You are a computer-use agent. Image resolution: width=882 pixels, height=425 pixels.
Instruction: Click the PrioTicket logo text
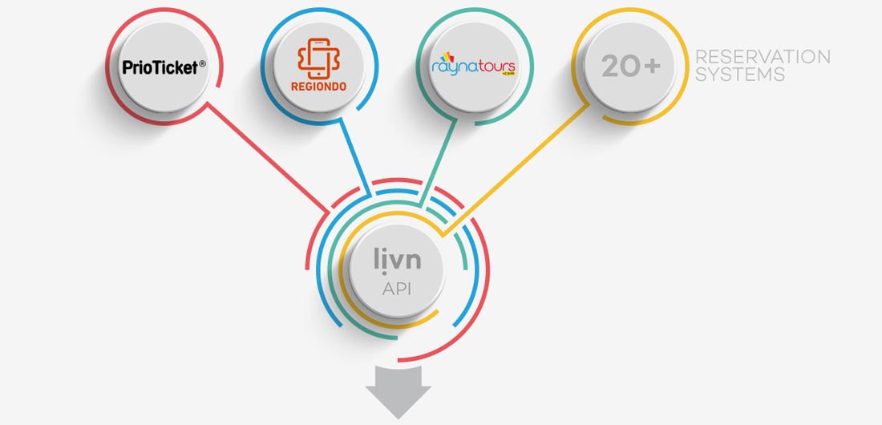coord(160,68)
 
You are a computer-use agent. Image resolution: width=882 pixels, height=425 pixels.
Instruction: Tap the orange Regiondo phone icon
coord(319,58)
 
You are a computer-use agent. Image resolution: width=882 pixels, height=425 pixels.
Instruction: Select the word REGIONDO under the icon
coord(319,87)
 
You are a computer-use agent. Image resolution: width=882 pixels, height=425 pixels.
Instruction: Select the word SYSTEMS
coord(739,75)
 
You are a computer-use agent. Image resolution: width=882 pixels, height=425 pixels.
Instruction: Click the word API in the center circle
coord(397,289)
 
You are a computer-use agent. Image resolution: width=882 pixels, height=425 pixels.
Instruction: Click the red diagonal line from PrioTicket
coord(265,157)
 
